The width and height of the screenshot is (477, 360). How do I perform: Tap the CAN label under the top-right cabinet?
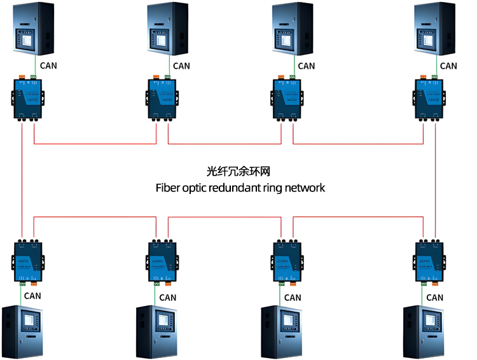pos(448,66)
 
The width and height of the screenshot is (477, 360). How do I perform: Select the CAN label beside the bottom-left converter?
pos(32,295)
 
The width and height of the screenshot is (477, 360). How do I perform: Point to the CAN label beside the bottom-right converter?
pos(435,297)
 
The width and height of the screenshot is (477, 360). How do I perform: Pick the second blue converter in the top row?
pos(162,97)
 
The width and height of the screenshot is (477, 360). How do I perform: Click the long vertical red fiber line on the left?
pos(22,178)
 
